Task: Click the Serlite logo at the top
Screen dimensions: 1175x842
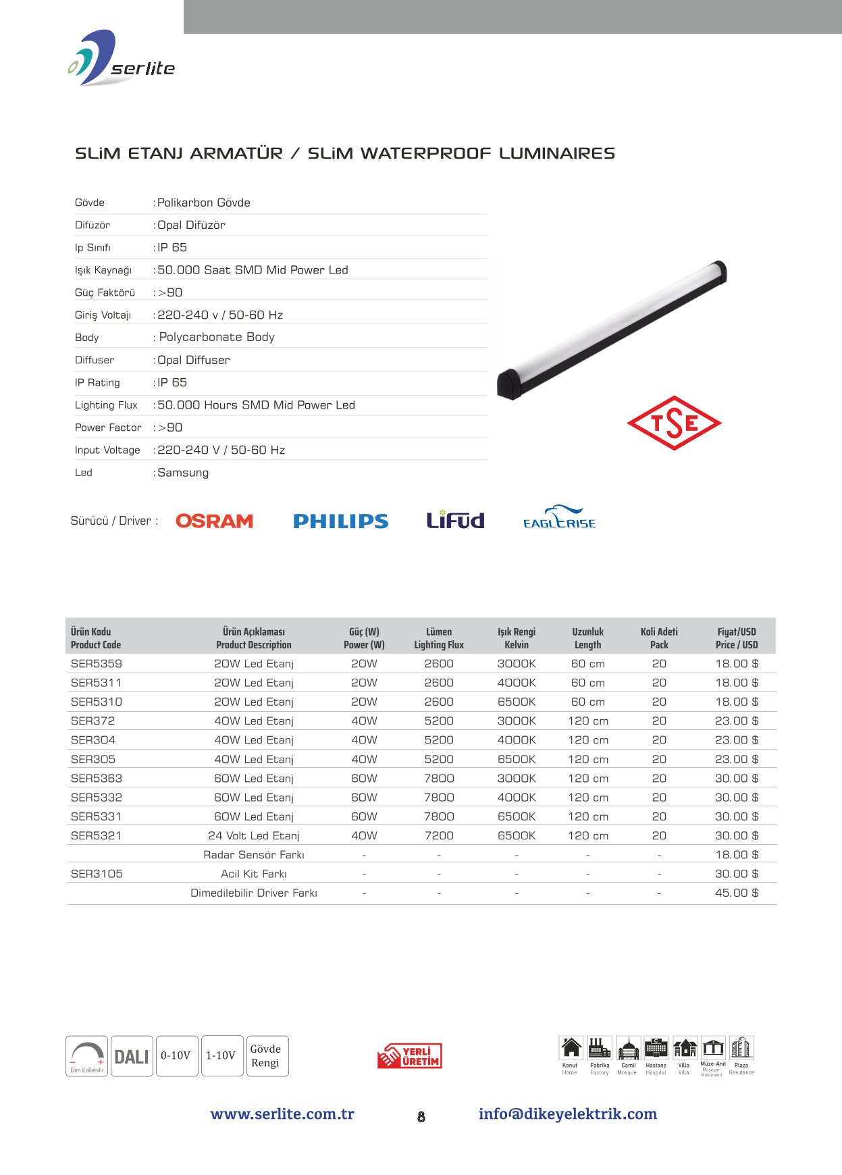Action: coord(122,59)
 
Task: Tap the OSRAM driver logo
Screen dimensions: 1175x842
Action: coord(214,521)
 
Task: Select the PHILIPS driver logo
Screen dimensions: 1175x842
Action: coord(340,521)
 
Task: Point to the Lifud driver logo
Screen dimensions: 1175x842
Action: coord(455,519)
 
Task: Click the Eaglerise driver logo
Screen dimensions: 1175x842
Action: coord(559,518)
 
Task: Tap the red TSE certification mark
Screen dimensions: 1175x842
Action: coord(674,423)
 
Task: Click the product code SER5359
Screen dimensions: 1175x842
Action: coord(97,664)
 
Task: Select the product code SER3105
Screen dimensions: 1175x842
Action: coord(97,874)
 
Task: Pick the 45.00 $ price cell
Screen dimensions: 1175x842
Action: coord(736,893)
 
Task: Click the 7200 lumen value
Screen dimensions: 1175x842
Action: coord(439,836)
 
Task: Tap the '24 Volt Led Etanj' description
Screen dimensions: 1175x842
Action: coord(254,836)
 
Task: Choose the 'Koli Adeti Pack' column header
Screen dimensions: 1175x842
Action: coord(659,638)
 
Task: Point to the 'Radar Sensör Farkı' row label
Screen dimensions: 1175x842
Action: coord(254,855)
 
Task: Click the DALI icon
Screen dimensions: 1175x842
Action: coord(132,1056)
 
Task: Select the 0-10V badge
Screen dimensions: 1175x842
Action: coord(176,1055)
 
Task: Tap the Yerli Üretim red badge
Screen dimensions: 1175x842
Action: coord(410,1056)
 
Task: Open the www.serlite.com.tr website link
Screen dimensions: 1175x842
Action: coord(282,1114)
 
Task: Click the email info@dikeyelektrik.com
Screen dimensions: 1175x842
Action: coord(567,1114)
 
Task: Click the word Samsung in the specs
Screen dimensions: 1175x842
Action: coord(183,473)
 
